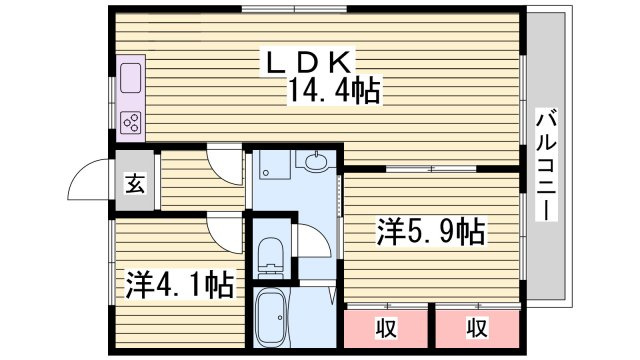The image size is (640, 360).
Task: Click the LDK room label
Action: tap(309, 62)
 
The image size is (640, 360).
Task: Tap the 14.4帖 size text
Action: tap(335, 90)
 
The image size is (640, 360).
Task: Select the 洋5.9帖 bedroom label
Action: tap(431, 232)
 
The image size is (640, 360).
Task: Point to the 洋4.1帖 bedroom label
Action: tap(180, 284)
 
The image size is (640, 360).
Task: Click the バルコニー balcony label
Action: tap(546, 164)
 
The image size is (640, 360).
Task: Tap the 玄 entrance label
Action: tap(135, 183)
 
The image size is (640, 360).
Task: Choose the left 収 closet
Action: tap(386, 329)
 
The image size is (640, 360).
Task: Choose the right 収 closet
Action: tap(477, 329)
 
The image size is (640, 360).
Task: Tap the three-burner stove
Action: tap(131, 122)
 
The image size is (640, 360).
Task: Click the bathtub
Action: tap(271, 318)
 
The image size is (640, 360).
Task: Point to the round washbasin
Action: tap(316, 161)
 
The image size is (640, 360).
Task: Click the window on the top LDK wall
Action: tap(294, 9)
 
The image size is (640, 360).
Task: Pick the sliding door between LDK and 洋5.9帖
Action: tap(431, 169)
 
